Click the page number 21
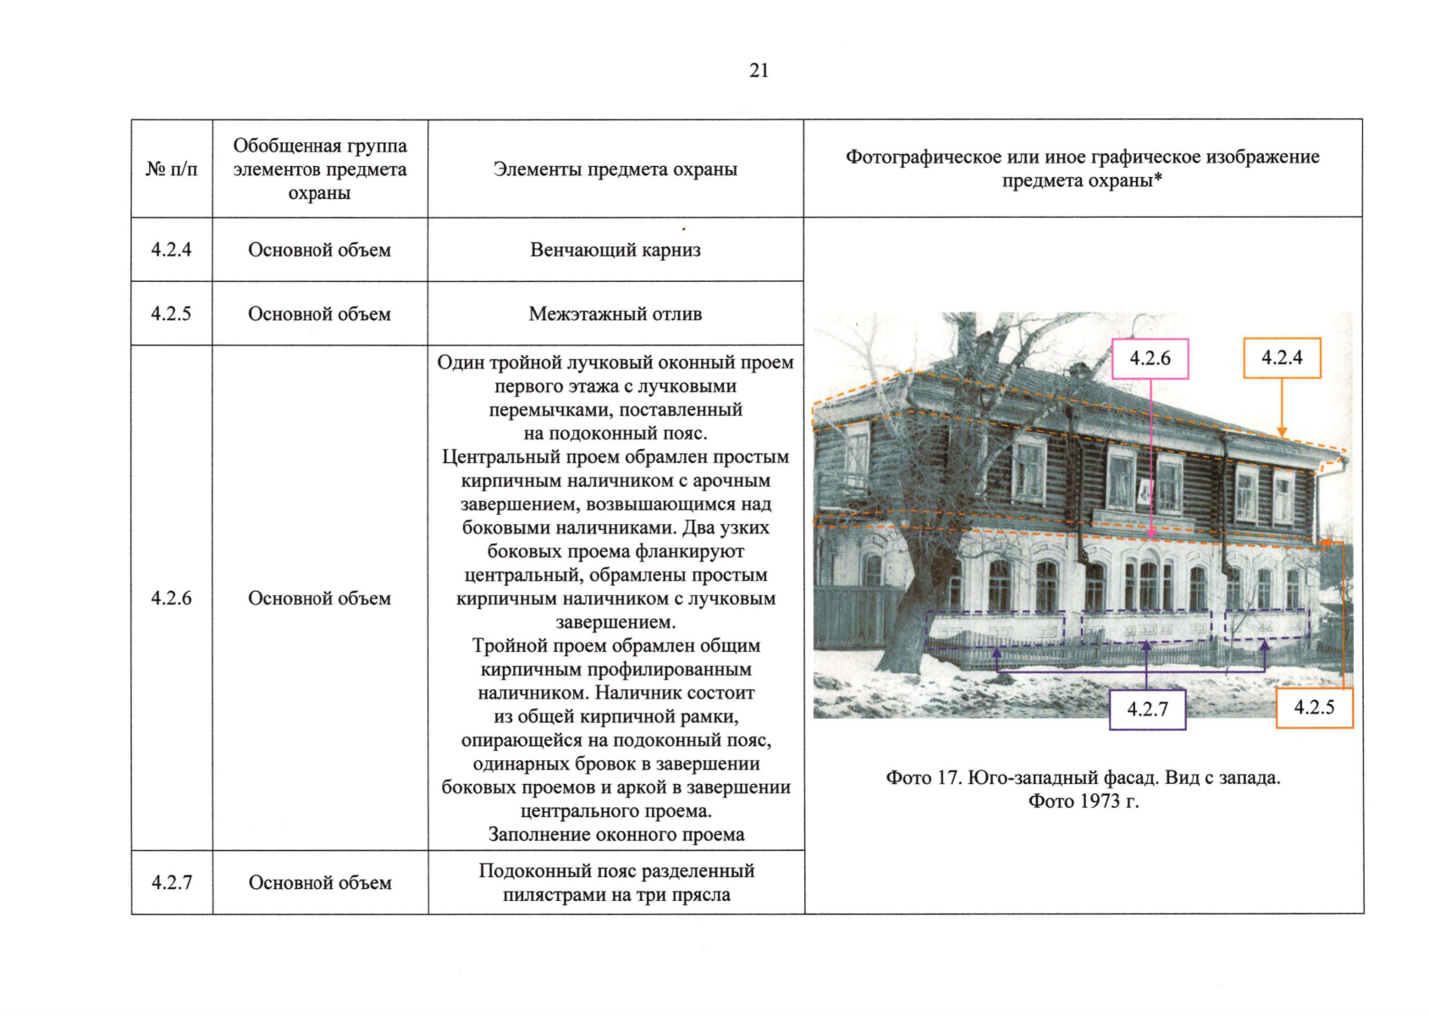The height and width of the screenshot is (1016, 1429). pyautogui.click(x=759, y=70)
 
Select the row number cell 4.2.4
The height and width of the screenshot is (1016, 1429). pyautogui.click(x=171, y=250)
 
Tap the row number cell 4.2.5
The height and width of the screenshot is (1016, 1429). pyautogui.click(x=171, y=314)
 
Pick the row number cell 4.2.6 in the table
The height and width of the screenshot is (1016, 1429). pyautogui.click(x=171, y=599)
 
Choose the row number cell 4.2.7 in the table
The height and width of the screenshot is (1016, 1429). pyautogui.click(x=171, y=882)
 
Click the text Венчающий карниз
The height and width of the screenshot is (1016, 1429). pyautogui.click(x=615, y=250)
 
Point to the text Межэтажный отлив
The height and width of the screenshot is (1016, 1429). pyautogui.click(x=615, y=314)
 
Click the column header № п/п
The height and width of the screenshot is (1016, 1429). pyautogui.click(x=171, y=169)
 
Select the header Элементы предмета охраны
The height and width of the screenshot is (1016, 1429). pyautogui.click(x=615, y=169)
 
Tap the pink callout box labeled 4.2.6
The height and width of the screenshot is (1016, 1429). pyautogui.click(x=1150, y=359)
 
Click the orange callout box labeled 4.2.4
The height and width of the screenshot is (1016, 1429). pyautogui.click(x=1282, y=358)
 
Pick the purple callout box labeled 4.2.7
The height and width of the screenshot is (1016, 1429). pyautogui.click(x=1147, y=710)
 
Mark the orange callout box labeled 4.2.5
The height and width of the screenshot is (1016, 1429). pyautogui.click(x=1314, y=708)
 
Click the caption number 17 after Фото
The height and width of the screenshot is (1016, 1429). pyautogui.click(x=946, y=777)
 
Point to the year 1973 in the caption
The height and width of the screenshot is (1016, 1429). pyautogui.click(x=1100, y=801)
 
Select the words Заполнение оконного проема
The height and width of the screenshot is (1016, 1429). pyautogui.click(x=615, y=835)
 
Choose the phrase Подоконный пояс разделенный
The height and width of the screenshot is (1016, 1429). pyautogui.click(x=615, y=871)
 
